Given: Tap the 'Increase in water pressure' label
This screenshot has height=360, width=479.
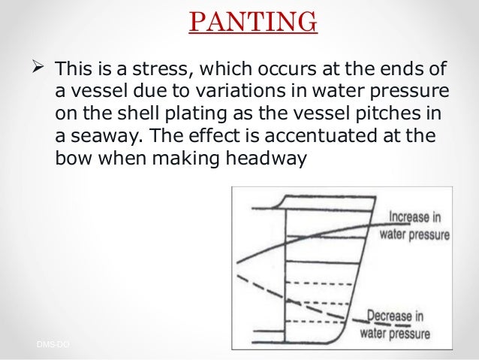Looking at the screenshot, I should [x=414, y=225].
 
